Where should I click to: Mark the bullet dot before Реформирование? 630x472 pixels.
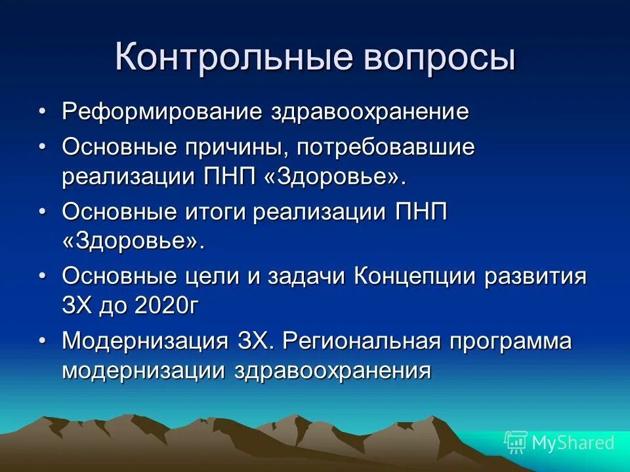point(42,111)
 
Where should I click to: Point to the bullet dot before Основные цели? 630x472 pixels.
point(42,277)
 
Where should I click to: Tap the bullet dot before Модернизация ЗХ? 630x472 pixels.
point(42,342)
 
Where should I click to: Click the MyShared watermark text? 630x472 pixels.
point(572,442)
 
